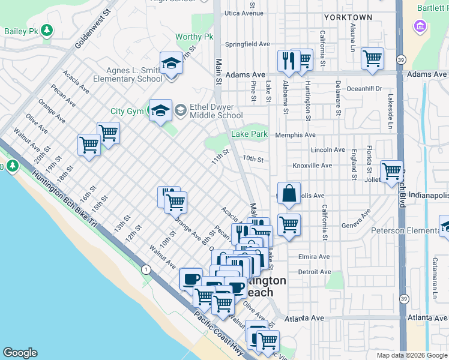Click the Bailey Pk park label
click(21, 31)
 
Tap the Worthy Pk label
click(194, 37)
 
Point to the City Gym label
click(127, 111)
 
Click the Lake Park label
click(249, 134)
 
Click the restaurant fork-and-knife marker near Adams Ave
click(286, 61)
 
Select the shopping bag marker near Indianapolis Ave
click(289, 193)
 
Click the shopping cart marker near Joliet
click(391, 171)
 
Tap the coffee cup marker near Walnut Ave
click(191, 278)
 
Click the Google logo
click(20, 353)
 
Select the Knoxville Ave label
click(312, 166)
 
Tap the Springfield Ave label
click(248, 44)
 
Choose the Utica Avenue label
click(244, 13)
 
